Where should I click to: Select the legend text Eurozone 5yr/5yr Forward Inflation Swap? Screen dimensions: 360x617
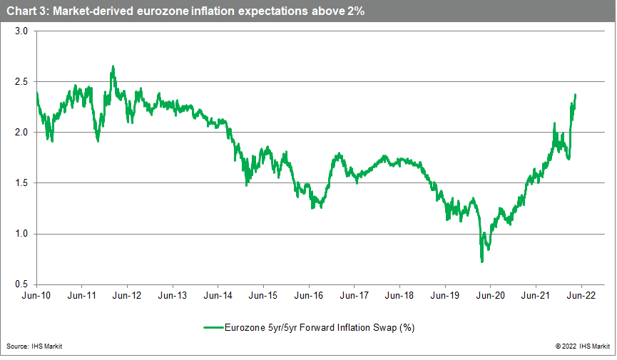(x=320, y=328)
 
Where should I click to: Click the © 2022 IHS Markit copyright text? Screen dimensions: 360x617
(x=583, y=347)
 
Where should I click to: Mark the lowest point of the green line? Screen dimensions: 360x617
(x=482, y=262)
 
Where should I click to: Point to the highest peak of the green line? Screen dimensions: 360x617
(x=113, y=66)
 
